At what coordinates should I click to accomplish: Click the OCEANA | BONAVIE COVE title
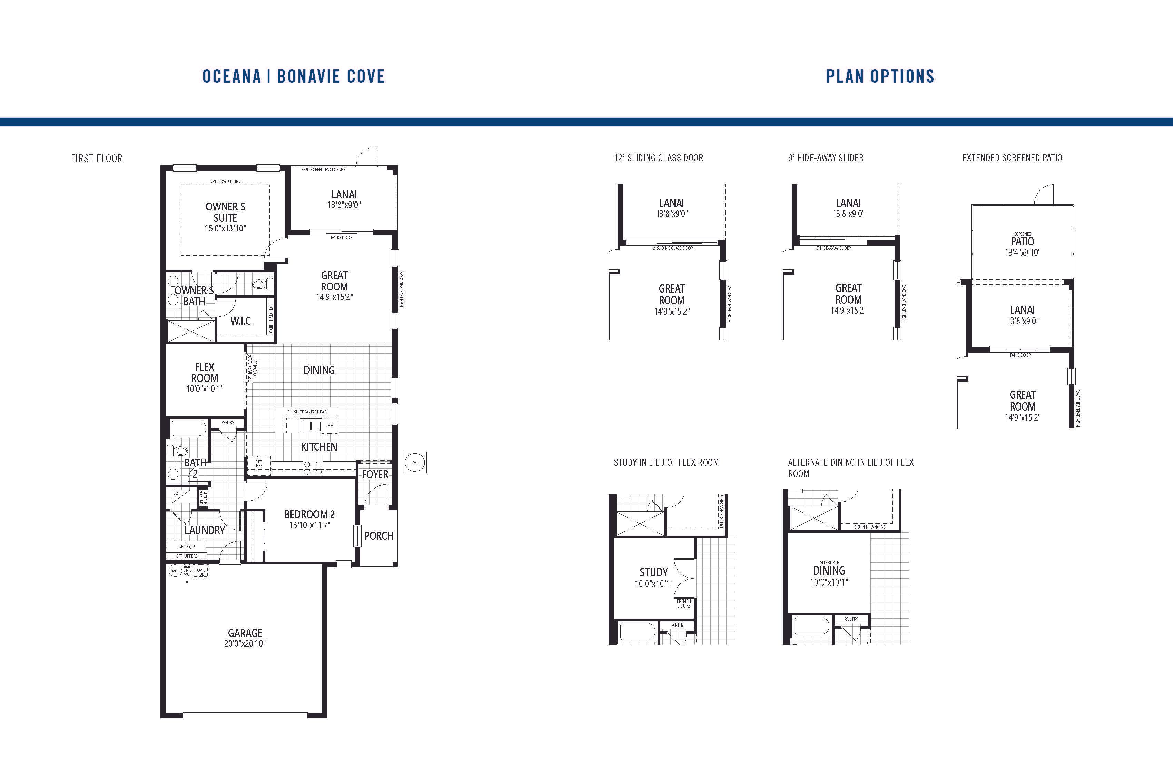[x=293, y=76]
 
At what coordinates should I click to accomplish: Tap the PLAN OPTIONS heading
[x=880, y=76]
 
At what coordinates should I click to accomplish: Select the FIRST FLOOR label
[x=97, y=159]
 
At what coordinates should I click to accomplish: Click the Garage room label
[x=245, y=633]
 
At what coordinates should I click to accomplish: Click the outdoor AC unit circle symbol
[x=414, y=462]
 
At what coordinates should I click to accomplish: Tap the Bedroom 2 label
[x=309, y=514]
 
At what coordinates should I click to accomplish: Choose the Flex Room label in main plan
[x=205, y=373]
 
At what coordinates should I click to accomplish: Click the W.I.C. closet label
[x=241, y=321]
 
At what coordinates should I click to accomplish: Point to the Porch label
[x=378, y=536]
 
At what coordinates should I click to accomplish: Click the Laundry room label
[x=205, y=530]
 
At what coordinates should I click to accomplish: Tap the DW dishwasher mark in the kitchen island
[x=330, y=425]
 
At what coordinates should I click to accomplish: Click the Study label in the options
[x=653, y=573]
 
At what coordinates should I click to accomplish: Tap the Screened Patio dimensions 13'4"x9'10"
[x=1022, y=252]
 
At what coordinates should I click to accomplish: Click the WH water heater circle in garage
[x=175, y=571]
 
